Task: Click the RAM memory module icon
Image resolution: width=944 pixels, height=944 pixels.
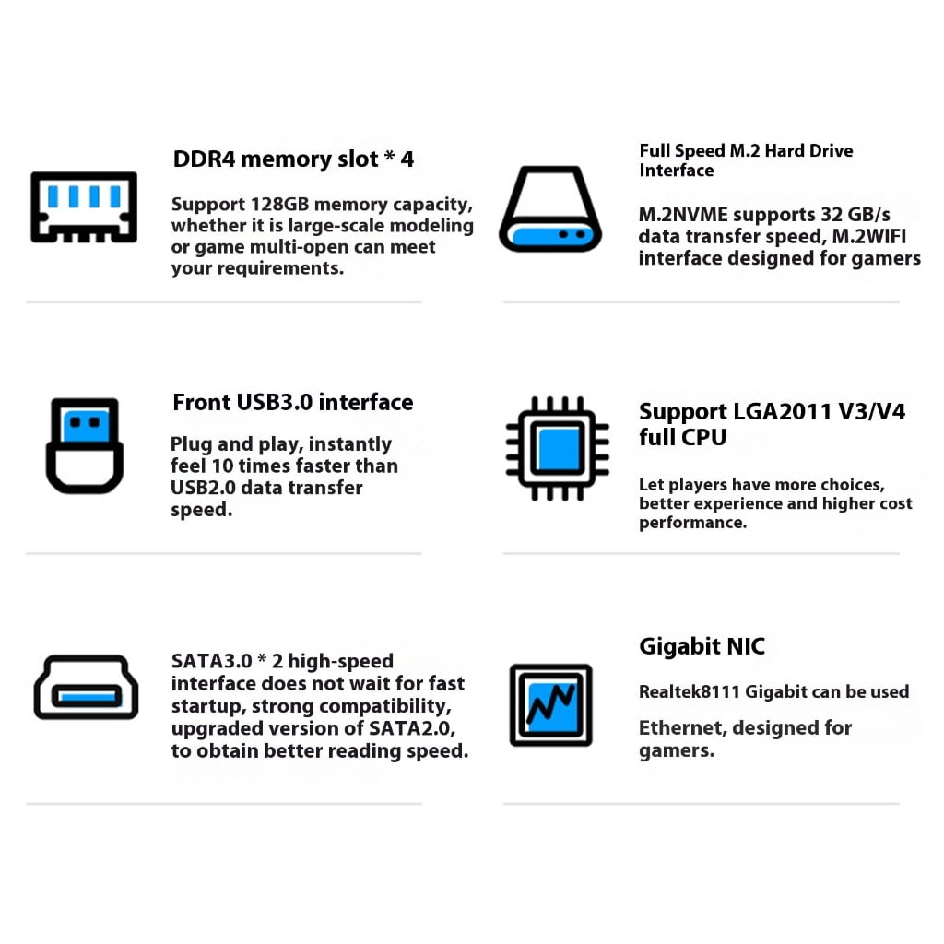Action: click(x=84, y=206)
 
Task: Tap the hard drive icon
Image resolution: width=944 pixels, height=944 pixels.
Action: click(x=550, y=208)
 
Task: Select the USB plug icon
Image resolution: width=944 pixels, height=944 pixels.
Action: click(x=85, y=445)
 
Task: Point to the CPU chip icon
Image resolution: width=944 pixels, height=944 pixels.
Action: click(x=558, y=449)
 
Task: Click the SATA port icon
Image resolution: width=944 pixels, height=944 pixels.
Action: click(x=86, y=687)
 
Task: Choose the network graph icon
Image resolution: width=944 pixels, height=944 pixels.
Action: click(x=551, y=705)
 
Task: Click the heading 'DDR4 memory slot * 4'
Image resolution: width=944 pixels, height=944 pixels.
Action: click(x=293, y=159)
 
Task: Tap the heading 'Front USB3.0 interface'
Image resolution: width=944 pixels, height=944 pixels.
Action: click(x=292, y=402)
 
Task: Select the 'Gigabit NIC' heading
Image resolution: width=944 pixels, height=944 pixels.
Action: click(x=702, y=646)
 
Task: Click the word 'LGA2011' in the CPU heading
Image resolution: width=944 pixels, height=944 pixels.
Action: click(x=783, y=411)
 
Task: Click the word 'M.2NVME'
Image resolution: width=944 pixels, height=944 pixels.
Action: click(x=683, y=214)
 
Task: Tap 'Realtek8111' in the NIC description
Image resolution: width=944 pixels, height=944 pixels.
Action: click(x=690, y=691)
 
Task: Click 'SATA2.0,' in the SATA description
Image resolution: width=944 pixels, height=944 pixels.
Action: click(x=412, y=728)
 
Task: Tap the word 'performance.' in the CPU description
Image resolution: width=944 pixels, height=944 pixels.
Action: click(x=693, y=523)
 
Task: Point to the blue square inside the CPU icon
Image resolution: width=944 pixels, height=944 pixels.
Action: click(x=558, y=449)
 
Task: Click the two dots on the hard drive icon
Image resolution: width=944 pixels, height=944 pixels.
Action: click(x=572, y=234)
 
